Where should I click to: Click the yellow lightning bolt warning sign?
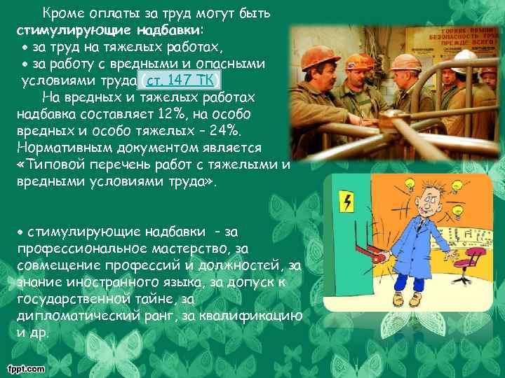pyautogui.click(x=346, y=202)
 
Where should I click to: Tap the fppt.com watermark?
pyautogui.click(x=25, y=368)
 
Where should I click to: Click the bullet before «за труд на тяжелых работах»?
pyautogui.click(x=25, y=48)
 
